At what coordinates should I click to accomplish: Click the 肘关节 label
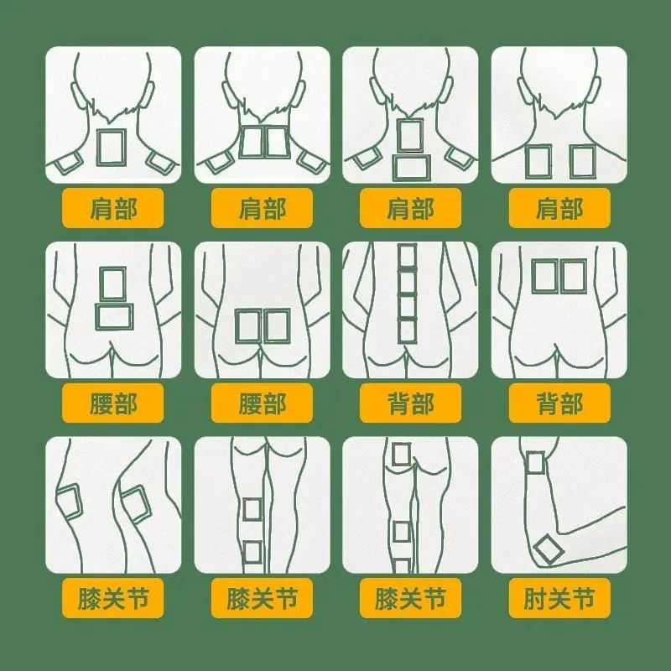(559, 598)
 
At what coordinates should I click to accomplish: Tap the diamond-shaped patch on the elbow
(549, 549)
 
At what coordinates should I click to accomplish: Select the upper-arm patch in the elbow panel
(535, 463)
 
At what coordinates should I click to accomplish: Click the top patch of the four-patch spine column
(407, 256)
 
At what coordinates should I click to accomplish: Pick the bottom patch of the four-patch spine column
(407, 330)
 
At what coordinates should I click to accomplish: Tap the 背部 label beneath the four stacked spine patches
(410, 403)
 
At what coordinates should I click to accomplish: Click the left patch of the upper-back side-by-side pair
(544, 277)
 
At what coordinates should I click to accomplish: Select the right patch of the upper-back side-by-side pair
(573, 277)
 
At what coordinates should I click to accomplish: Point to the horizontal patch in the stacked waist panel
(114, 317)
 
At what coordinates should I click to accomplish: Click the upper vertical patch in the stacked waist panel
(113, 284)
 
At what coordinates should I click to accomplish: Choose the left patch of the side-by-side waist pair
(248, 326)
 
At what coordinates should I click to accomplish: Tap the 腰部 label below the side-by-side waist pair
(262, 403)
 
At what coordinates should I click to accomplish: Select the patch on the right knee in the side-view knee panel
(136, 505)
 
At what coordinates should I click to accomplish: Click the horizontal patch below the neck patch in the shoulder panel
(411, 168)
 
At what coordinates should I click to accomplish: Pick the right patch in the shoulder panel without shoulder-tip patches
(582, 161)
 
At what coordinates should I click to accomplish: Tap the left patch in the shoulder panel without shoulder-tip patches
(538, 161)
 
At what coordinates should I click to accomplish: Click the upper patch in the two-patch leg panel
(252, 510)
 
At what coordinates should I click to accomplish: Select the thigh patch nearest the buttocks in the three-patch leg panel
(401, 455)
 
